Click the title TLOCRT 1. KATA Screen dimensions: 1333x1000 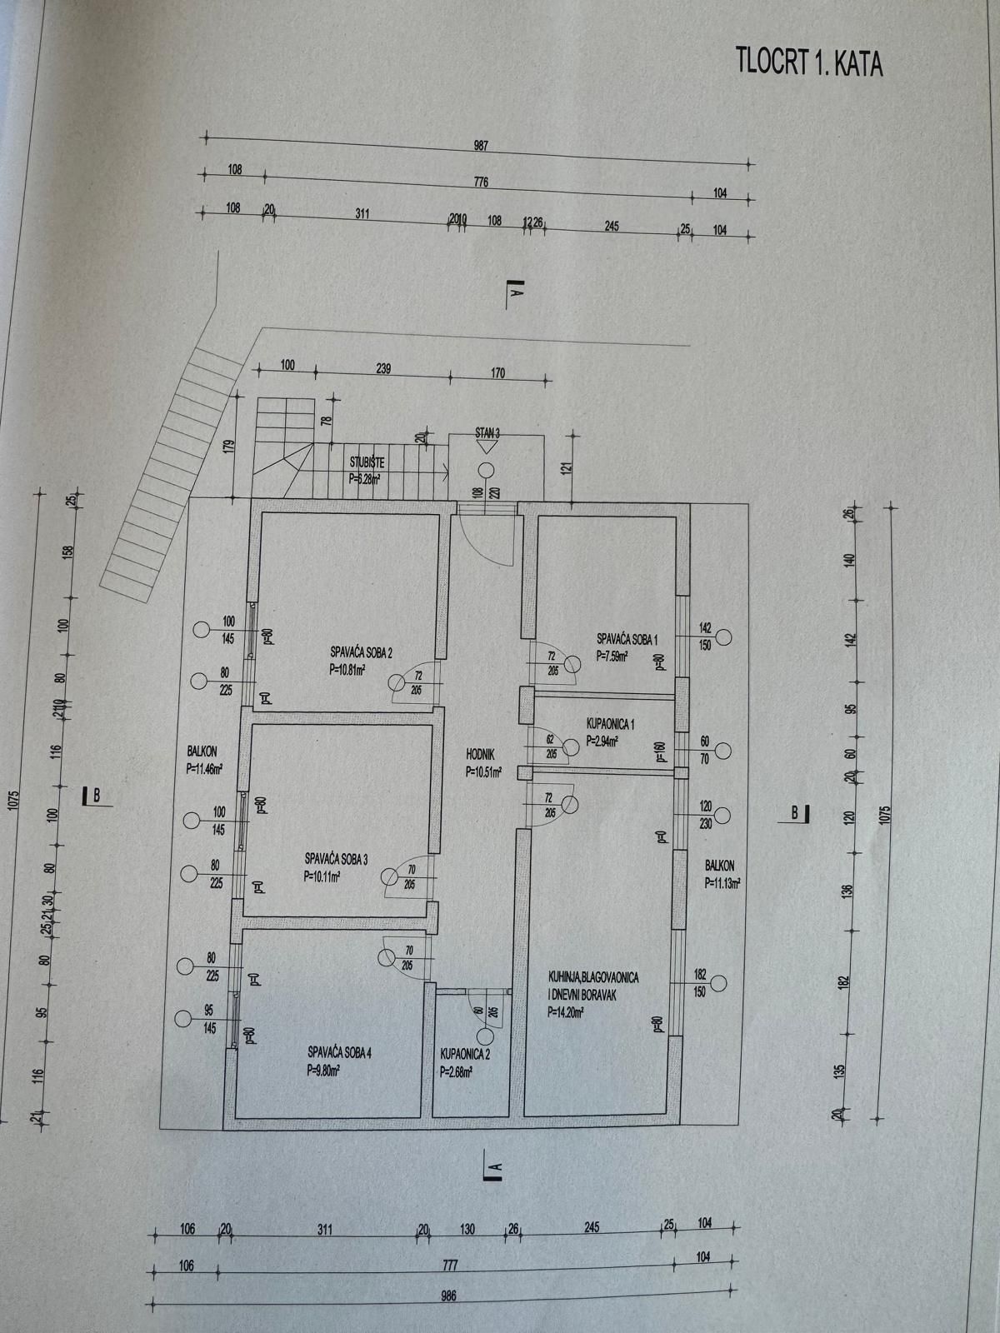[808, 63]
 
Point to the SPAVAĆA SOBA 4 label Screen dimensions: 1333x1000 [339, 1052]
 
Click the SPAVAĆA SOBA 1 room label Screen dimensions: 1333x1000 [627, 640]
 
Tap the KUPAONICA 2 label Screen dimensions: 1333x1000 [464, 1054]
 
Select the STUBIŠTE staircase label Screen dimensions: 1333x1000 [367, 462]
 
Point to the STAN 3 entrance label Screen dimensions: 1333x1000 [487, 432]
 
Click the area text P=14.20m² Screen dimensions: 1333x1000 [565, 1013]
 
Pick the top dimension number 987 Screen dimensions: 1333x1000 [481, 146]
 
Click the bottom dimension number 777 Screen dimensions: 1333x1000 [450, 1265]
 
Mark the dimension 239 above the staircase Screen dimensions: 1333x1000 [382, 368]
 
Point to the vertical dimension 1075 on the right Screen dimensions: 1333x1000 [885, 812]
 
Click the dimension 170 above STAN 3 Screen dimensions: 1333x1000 [497, 373]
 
